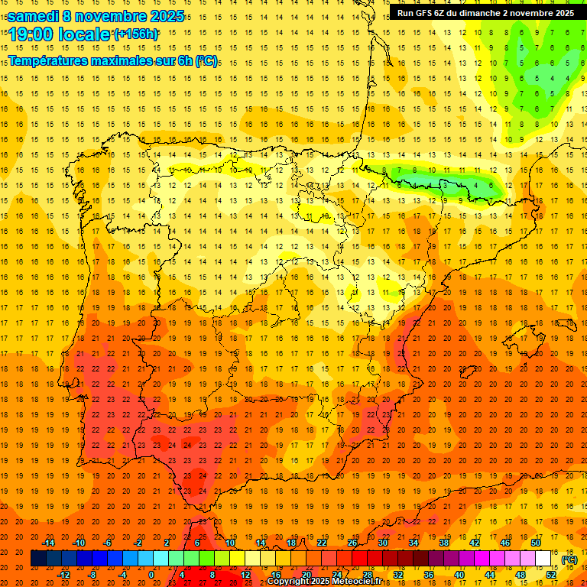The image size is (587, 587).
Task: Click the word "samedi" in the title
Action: [x=35, y=16]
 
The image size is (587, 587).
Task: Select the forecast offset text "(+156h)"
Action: [x=135, y=34]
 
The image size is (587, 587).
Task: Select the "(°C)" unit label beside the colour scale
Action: [x=569, y=559]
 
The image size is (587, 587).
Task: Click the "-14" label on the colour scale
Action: [x=49, y=543]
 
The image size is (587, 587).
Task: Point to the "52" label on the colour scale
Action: [x=551, y=575]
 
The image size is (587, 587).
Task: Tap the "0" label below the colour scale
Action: [x=151, y=575]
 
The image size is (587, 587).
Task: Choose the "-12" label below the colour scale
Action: [x=64, y=575]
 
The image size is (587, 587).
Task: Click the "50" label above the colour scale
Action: [x=536, y=543]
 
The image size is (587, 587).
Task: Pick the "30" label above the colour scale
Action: [x=383, y=543]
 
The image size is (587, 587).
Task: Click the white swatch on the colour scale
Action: [x=543, y=559]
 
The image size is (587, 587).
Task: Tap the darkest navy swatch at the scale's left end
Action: [x=37, y=559]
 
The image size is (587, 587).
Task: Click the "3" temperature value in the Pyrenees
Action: [x=446, y=185]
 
